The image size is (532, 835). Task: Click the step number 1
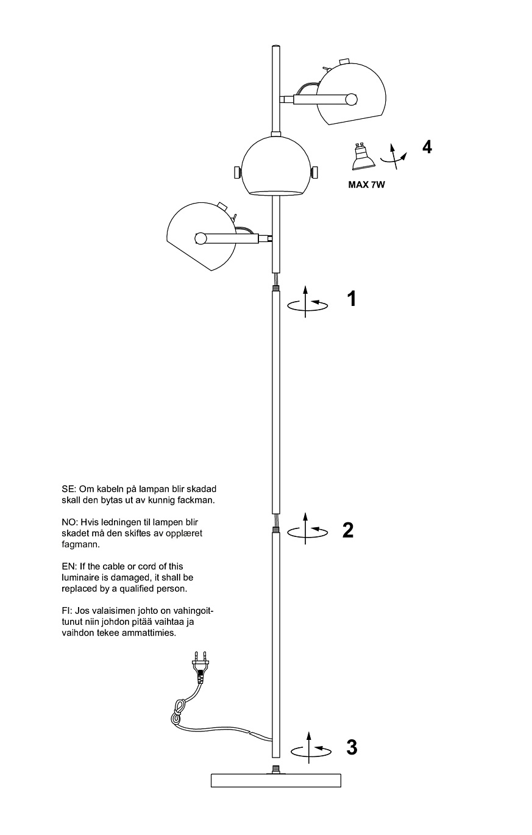coord(351,299)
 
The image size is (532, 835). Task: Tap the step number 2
coord(348,530)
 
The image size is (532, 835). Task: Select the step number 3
coord(351,747)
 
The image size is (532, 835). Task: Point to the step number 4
coord(427,147)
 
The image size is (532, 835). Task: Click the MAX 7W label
coord(366,185)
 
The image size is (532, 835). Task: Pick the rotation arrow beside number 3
coord(311,748)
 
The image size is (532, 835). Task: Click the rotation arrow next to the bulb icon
coord(394,156)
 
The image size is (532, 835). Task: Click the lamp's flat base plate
coord(275,780)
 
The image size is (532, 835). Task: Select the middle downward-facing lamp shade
coord(278,166)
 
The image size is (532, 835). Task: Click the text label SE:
coord(68,489)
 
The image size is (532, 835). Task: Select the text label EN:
coord(68,567)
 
